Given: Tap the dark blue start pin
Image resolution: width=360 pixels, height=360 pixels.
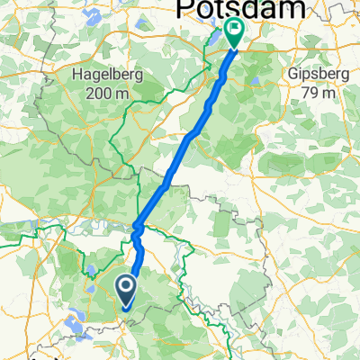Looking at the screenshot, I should pyautogui.click(x=125, y=290).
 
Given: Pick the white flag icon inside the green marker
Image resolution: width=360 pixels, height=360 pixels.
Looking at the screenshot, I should pyautogui.click(x=235, y=30).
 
